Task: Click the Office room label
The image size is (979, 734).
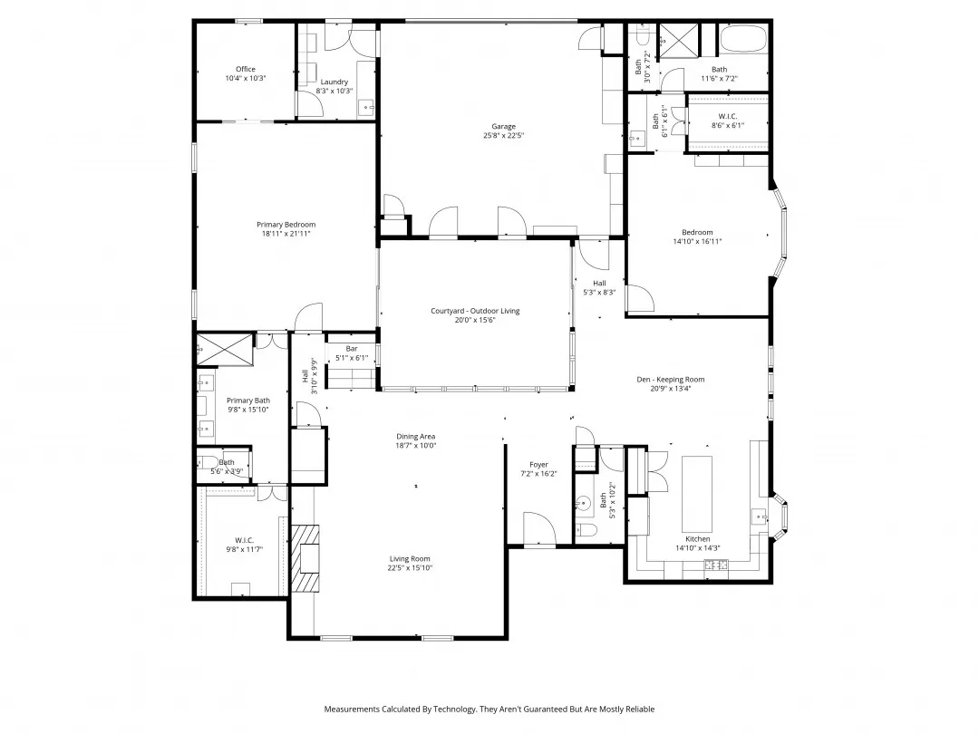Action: click(x=246, y=69)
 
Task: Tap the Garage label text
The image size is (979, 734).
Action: click(x=504, y=126)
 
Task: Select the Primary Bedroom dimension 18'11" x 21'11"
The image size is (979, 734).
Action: click(x=286, y=234)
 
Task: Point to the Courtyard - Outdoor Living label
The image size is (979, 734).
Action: click(x=475, y=311)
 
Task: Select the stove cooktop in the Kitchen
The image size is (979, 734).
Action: click(x=717, y=565)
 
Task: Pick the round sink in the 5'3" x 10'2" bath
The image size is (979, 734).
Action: click(x=584, y=501)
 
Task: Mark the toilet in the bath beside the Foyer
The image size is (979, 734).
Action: click(x=584, y=530)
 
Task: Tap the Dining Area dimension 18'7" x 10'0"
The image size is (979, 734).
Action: click(x=416, y=446)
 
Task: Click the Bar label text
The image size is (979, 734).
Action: click(x=352, y=348)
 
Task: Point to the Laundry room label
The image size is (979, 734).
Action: click(x=334, y=82)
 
